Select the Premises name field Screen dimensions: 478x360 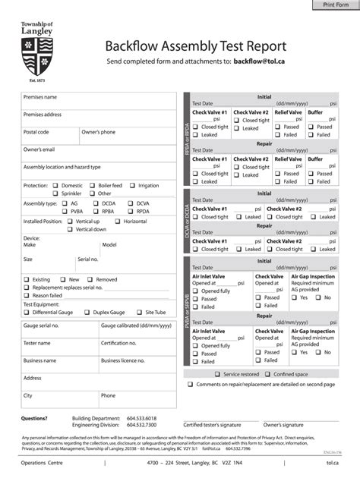point(99,102)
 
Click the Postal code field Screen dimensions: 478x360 point(49,137)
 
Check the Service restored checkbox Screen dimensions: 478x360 point(217,374)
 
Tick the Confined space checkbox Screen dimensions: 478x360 point(267,374)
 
